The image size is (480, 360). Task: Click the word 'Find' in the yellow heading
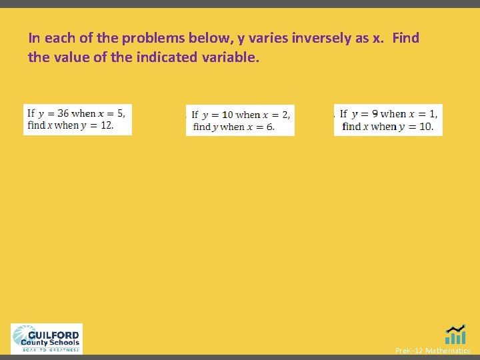pyautogui.click(x=405, y=38)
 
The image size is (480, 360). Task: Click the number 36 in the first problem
pyautogui.click(x=62, y=113)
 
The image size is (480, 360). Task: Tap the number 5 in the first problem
pyautogui.click(x=120, y=113)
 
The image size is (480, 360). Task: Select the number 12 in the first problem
pyautogui.click(x=106, y=125)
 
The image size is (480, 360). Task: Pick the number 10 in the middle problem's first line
pyautogui.click(x=227, y=115)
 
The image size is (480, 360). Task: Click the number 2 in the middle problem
pyautogui.click(x=285, y=115)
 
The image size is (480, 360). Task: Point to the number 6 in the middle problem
pyautogui.click(x=270, y=127)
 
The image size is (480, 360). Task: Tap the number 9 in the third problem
pyautogui.click(x=375, y=114)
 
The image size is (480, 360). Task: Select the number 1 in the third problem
pyautogui.click(x=433, y=114)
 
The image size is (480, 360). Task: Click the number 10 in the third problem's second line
pyautogui.click(x=425, y=126)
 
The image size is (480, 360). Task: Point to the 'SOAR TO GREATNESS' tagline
pyautogui.click(x=51, y=349)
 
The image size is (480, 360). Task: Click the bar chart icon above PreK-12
pyautogui.click(x=456, y=335)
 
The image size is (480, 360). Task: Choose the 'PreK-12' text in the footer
pyautogui.click(x=409, y=351)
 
